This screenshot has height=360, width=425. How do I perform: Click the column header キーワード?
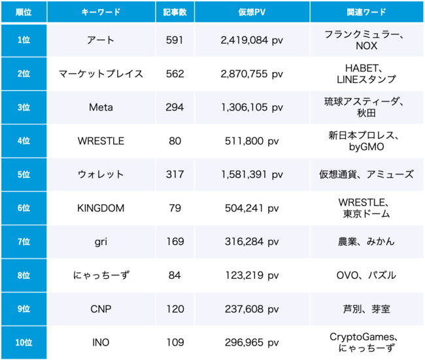click(x=101, y=12)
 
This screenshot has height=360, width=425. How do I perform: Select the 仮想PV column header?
click(x=251, y=12)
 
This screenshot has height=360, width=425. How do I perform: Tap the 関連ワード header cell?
click(x=366, y=12)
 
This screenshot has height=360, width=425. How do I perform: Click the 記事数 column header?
click(x=175, y=12)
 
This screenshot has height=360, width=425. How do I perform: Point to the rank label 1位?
click(x=23, y=40)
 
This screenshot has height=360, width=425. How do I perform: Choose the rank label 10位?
click(x=23, y=342)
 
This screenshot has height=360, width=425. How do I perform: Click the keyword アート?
click(x=101, y=40)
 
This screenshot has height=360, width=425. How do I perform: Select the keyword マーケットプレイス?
click(x=101, y=74)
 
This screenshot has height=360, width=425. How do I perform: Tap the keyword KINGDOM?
click(x=101, y=208)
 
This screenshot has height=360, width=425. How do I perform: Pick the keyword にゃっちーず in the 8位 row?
click(x=101, y=275)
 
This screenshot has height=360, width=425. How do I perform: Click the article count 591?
click(x=175, y=40)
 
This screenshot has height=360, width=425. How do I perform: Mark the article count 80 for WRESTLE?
click(x=175, y=141)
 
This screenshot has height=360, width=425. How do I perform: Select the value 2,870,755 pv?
click(x=251, y=74)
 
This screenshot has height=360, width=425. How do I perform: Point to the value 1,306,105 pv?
click(x=251, y=107)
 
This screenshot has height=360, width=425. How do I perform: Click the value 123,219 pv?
click(x=251, y=275)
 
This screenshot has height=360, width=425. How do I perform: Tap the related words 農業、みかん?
click(x=366, y=242)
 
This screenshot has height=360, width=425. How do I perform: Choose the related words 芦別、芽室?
click(x=366, y=309)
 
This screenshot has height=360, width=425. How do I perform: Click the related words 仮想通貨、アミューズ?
click(x=366, y=175)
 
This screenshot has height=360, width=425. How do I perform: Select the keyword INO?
click(x=101, y=342)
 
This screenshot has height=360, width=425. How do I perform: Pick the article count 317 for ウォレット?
click(x=175, y=175)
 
